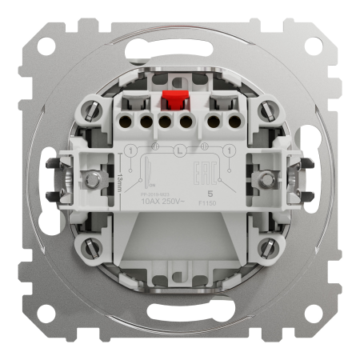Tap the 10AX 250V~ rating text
pyautogui.click(x=164, y=201)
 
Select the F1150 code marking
pyautogui.click(x=210, y=203)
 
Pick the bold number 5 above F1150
pyautogui.click(x=210, y=194)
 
